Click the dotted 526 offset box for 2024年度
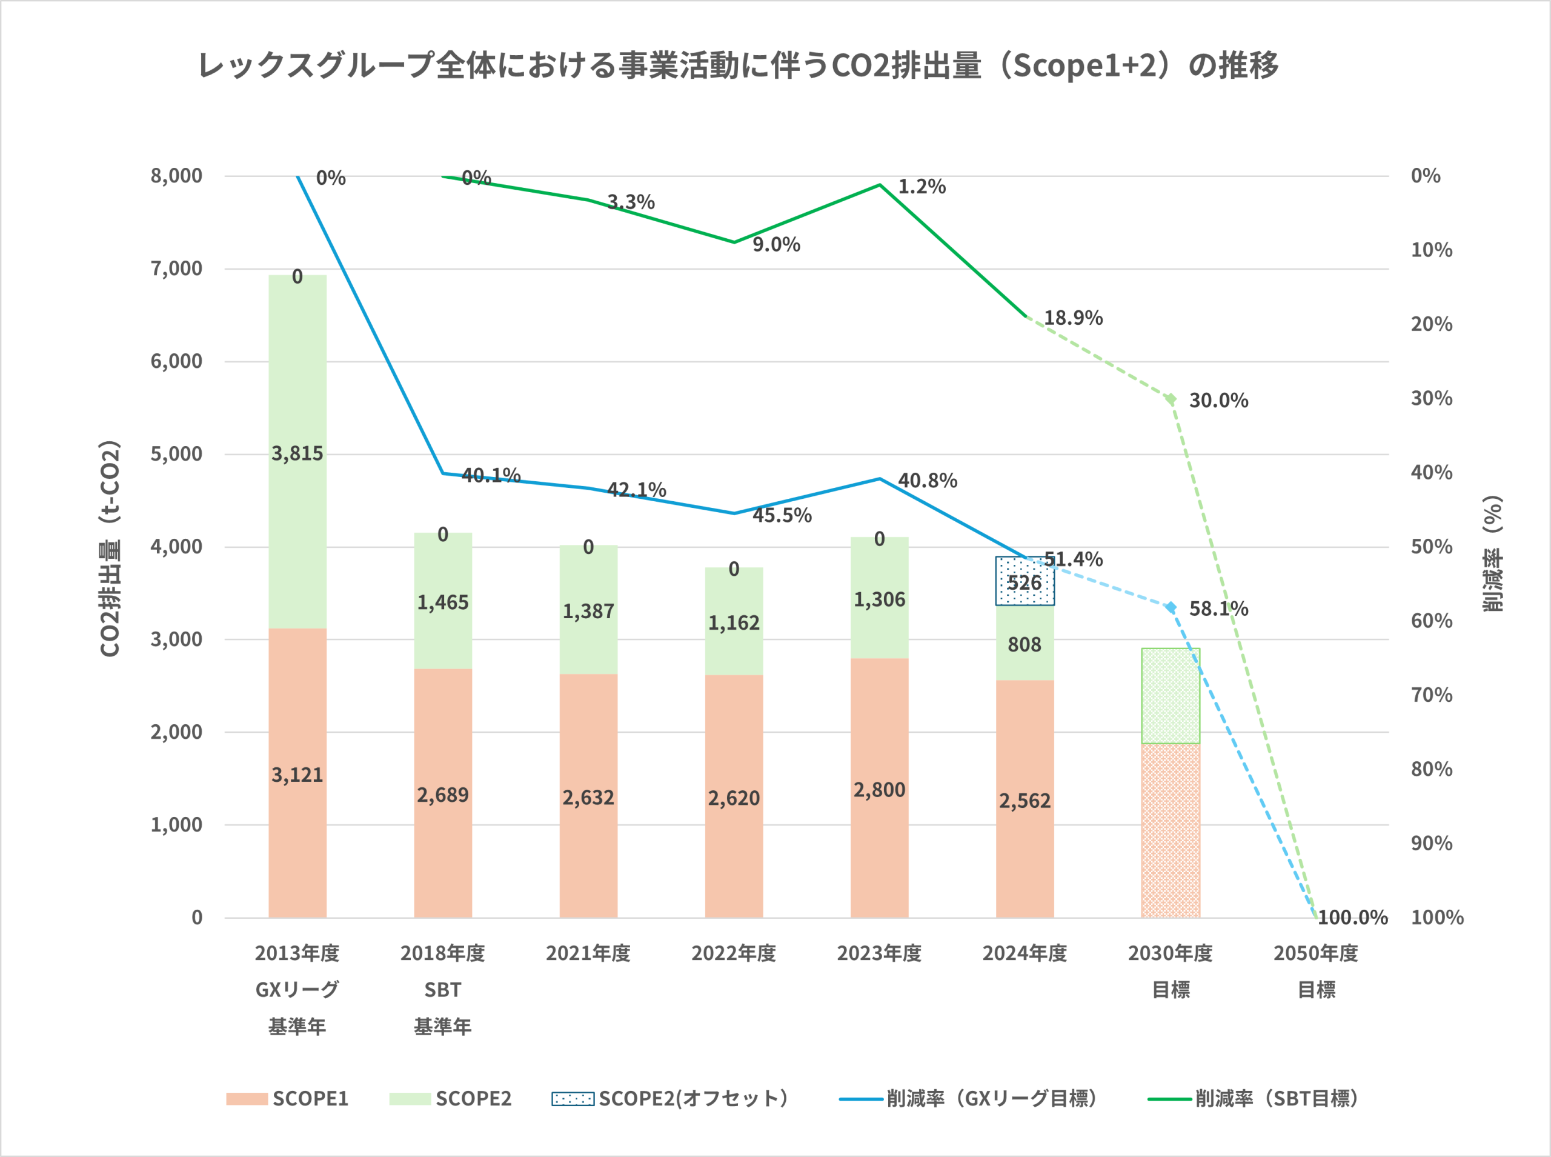tap(1025, 581)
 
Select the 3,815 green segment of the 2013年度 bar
tap(297, 452)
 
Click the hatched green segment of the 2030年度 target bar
tap(1171, 695)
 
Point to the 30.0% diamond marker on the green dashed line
tap(1171, 399)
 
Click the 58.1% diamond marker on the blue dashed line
tap(1171, 607)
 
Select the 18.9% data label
tap(1073, 318)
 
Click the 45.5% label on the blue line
tap(782, 515)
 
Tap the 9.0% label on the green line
tap(776, 244)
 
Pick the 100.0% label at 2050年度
tap(1352, 918)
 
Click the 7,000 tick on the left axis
tap(176, 268)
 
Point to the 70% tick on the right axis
tap(1431, 695)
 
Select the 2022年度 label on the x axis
tap(734, 953)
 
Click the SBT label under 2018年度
tap(442, 990)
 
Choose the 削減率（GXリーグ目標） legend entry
tap(968, 1098)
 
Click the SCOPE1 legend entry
tap(288, 1098)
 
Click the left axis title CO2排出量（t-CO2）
tap(110, 548)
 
